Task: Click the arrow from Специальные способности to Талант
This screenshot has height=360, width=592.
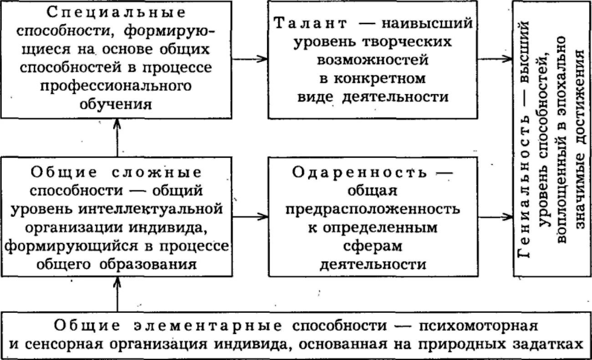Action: [x=250, y=58]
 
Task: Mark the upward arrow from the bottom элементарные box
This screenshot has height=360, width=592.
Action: [x=117, y=294]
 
